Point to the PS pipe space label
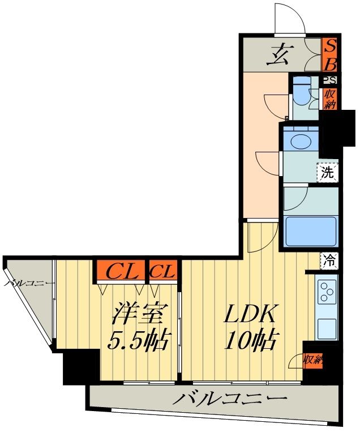[x=330, y=80]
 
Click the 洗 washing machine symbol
[x=328, y=173]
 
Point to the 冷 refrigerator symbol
[x=329, y=261]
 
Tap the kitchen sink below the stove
[x=327, y=327]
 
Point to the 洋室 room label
[x=139, y=314]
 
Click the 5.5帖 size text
[x=139, y=340]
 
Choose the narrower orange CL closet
[x=163, y=272]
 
